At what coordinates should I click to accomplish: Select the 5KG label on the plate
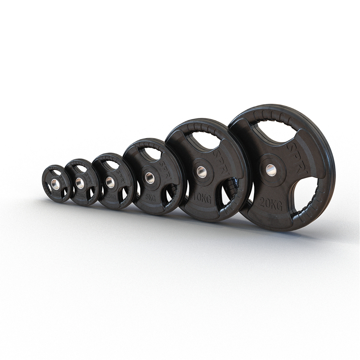pyautogui.click(x=150, y=197)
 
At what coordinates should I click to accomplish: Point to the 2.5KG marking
pyautogui.click(x=111, y=197)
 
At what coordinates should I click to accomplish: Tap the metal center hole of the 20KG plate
pyautogui.click(x=271, y=170)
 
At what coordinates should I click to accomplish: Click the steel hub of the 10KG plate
pyautogui.click(x=202, y=172)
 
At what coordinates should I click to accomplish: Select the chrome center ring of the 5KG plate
pyautogui.click(x=150, y=177)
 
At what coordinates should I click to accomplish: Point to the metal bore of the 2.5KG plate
pyautogui.click(x=110, y=182)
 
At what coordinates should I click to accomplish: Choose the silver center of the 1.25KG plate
pyautogui.click(x=80, y=183)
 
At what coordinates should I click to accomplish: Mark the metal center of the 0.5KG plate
pyautogui.click(x=55, y=184)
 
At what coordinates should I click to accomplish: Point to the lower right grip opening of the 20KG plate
pyautogui.click(x=305, y=194)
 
